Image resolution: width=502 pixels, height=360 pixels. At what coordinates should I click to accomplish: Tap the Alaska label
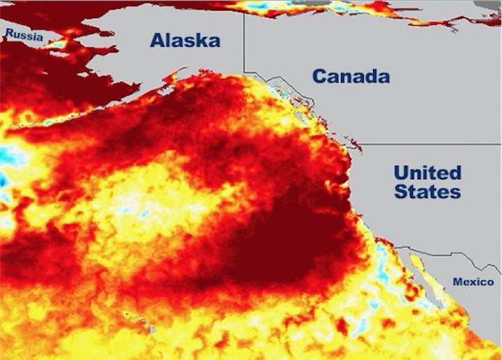tap(185, 40)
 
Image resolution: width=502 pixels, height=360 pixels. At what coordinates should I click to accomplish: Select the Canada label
tap(350, 76)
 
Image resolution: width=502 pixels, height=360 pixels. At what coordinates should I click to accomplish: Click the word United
tap(427, 172)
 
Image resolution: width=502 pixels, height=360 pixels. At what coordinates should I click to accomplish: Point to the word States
tap(427, 190)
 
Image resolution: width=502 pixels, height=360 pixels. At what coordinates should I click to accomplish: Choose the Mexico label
tap(473, 282)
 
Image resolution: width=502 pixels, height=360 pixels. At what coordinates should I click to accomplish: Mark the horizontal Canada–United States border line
tap(432, 144)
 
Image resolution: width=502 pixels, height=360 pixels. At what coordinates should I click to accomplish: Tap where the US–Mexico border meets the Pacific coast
tap(396, 248)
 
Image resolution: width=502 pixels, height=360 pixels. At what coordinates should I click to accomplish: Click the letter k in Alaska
tap(199, 40)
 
